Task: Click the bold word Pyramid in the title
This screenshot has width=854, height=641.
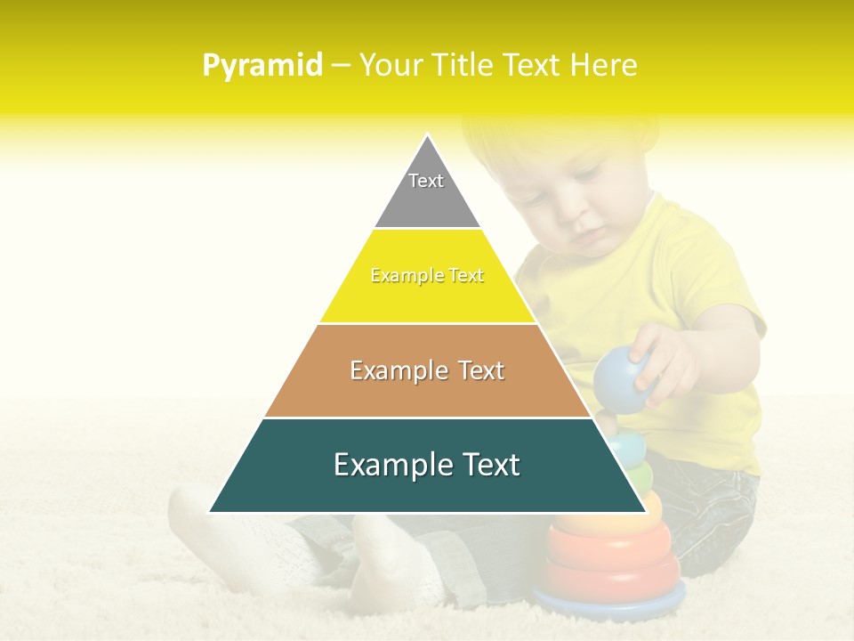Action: pyautogui.click(x=262, y=66)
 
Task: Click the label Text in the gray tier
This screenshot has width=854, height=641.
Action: pyautogui.click(x=426, y=181)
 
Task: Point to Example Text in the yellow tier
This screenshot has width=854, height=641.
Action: pyautogui.click(x=427, y=276)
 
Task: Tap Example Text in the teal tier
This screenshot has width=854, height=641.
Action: pyautogui.click(x=427, y=465)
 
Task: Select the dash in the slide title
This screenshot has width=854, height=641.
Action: pyautogui.click(x=340, y=66)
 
